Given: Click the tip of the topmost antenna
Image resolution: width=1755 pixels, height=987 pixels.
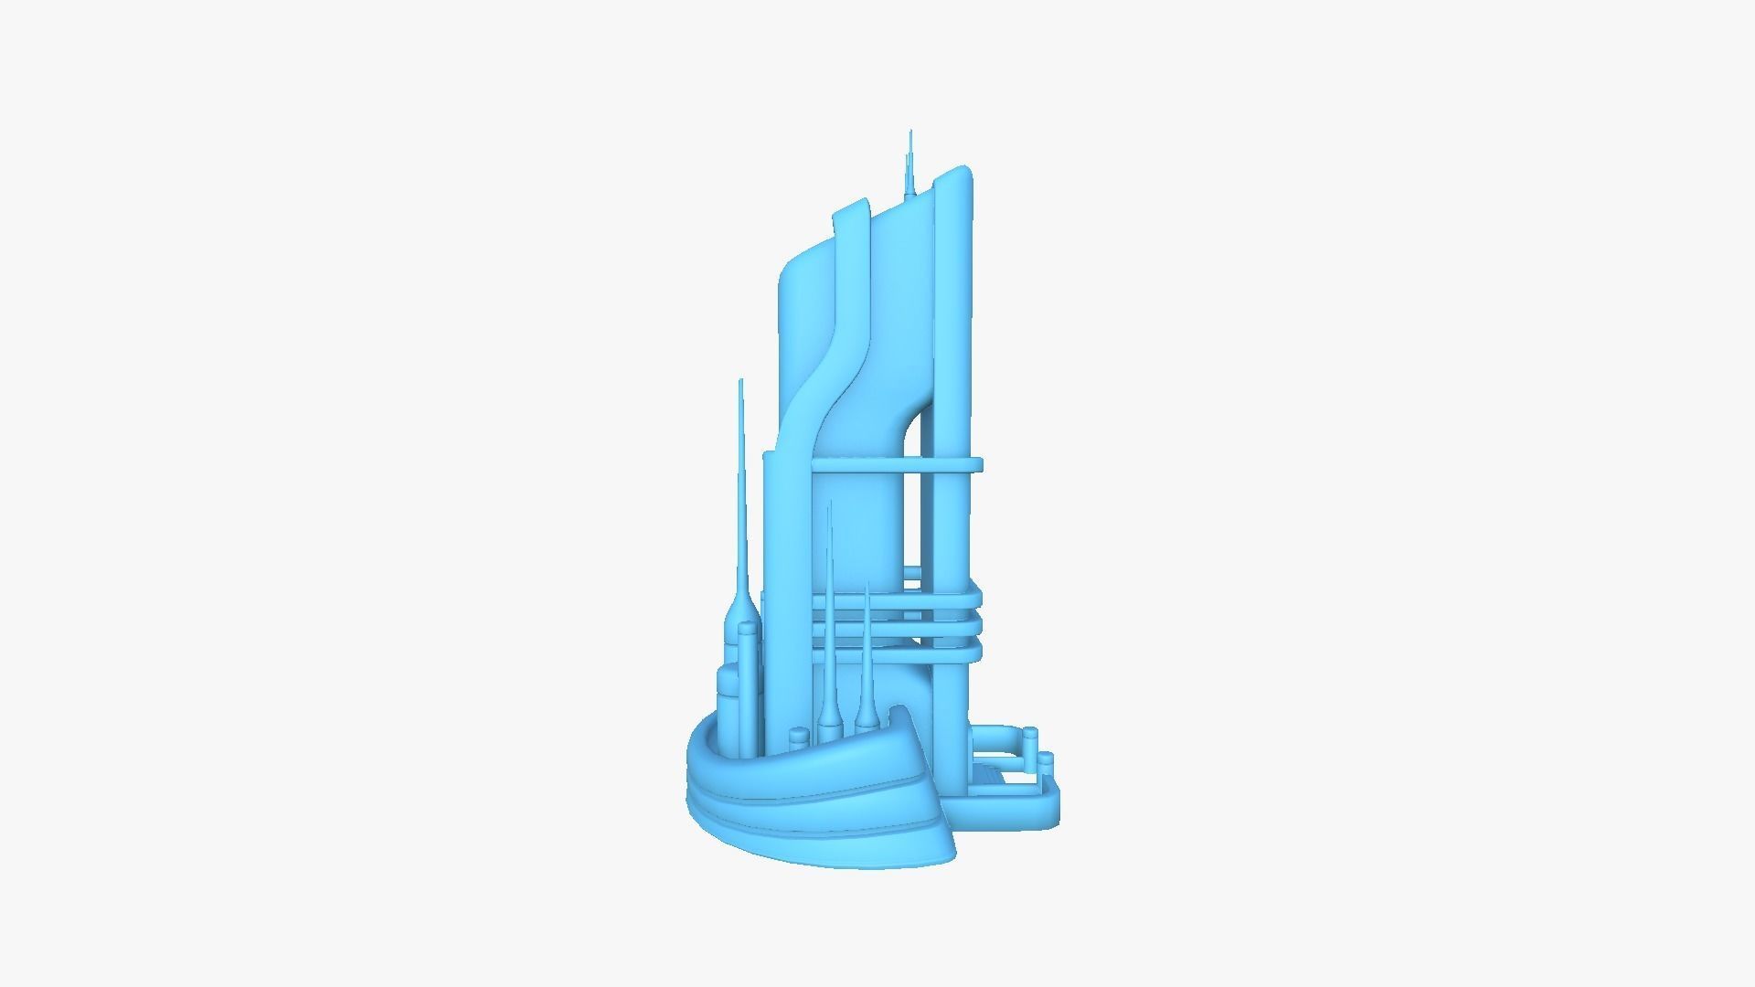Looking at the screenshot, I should click(910, 133).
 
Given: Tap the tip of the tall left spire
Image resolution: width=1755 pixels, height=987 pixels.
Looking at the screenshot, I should click(740, 382).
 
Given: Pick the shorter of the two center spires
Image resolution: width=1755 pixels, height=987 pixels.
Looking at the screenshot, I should click(866, 640).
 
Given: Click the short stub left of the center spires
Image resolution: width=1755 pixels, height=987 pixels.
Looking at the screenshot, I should click(800, 708).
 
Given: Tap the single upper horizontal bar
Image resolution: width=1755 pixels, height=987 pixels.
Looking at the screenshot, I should click(896, 465).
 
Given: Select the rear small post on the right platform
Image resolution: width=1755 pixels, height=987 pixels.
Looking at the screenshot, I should click(1030, 737).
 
